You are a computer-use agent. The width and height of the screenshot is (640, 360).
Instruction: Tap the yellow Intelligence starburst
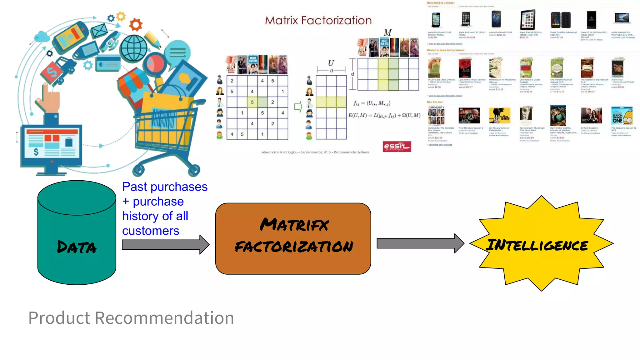pyautogui.click(x=541, y=243)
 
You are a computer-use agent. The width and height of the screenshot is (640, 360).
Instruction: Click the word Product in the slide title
pyautogui.click(x=59, y=318)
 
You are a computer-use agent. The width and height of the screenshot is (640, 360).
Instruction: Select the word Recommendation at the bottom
pyautogui.click(x=164, y=318)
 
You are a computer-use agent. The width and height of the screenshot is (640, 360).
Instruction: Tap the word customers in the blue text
pyautogui.click(x=151, y=231)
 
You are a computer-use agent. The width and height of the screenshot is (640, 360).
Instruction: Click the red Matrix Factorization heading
pyautogui.click(x=318, y=21)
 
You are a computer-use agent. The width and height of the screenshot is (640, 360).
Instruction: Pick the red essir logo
pyautogui.click(x=397, y=146)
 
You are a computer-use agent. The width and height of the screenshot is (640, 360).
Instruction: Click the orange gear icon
pyautogui.click(x=136, y=24)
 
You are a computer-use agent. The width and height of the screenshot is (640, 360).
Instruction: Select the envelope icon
pyautogui.click(x=99, y=31)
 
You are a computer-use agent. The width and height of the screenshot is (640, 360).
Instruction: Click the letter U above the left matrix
pyautogui.click(x=331, y=63)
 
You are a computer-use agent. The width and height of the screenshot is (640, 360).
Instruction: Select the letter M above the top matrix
pyautogui.click(x=387, y=33)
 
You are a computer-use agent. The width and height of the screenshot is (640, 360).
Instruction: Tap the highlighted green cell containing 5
pyautogui.click(x=252, y=102)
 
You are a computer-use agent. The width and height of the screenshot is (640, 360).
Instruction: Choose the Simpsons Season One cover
pyautogui.click(x=622, y=116)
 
